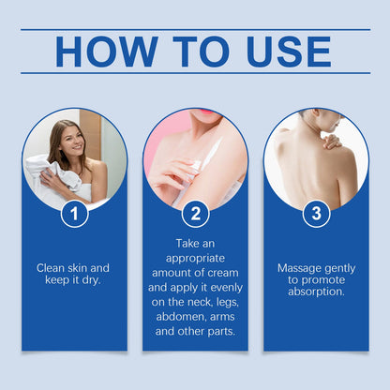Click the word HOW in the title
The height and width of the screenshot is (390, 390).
point(107,52)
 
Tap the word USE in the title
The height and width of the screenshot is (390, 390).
point(289,52)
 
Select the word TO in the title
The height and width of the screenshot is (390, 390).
point(202,52)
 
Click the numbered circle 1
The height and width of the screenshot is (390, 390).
point(74,214)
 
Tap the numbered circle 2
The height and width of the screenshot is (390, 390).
point(195,214)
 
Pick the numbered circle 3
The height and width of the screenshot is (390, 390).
point(316,214)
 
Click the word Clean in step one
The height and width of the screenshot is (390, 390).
point(51,268)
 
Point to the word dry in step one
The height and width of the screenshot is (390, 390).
point(91,280)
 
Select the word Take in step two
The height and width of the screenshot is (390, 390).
point(187,244)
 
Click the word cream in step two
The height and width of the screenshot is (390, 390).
point(224,273)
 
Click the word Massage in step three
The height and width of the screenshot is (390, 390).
point(296,268)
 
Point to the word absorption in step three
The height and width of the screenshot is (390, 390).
point(316,292)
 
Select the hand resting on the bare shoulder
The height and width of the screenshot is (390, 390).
point(332,142)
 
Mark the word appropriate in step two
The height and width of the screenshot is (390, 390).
point(195,259)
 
